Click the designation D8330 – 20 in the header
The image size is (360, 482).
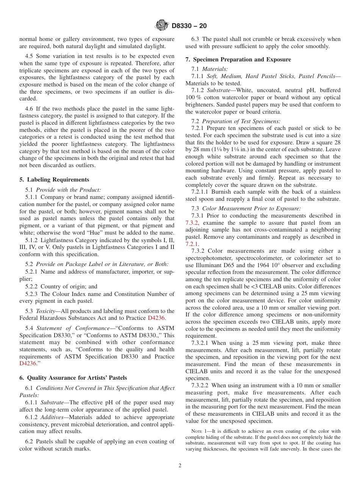189,26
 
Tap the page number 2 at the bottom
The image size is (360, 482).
180,466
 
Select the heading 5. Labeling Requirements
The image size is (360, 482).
54,180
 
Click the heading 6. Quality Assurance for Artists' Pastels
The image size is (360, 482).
73,377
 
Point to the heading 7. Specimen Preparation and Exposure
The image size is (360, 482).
238,59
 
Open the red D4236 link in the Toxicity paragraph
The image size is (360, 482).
156,318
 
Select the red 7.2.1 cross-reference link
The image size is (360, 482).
192,244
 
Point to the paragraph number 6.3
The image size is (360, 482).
196,39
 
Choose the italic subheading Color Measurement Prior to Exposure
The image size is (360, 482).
251,208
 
